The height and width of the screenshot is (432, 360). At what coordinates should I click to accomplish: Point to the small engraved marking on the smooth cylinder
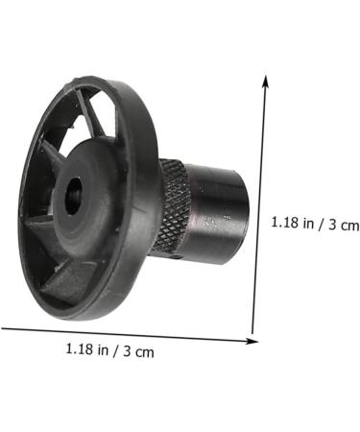point(225,220)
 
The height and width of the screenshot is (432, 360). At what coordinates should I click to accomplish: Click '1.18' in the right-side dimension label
point(285,223)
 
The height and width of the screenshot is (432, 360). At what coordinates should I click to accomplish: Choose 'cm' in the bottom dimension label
point(145,351)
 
